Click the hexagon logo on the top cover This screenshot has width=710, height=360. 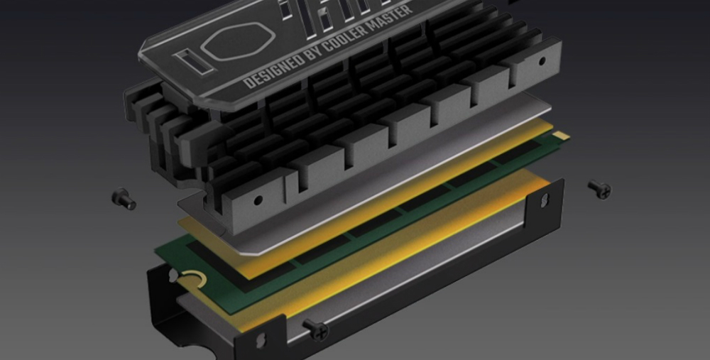coord(238,41)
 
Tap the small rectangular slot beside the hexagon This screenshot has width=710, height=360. coord(192,62)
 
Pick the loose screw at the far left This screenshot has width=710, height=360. coord(124,199)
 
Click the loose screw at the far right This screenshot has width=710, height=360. coord(599,189)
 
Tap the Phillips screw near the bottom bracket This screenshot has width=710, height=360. coord(316,329)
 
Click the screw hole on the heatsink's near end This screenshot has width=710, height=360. coord(258,200)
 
